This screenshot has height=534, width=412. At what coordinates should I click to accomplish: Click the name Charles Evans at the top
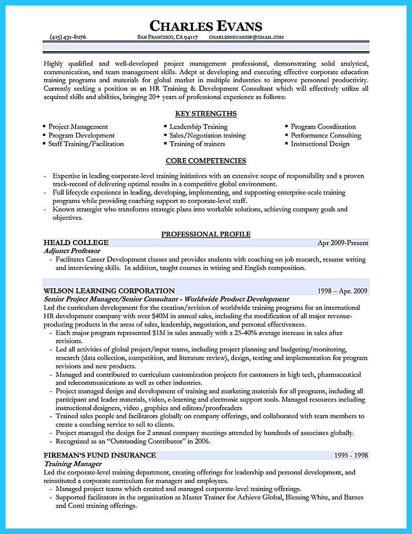click(x=206, y=25)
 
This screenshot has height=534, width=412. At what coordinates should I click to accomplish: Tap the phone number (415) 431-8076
click(x=68, y=37)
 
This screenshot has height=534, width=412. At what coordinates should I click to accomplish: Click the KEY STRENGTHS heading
click(x=206, y=113)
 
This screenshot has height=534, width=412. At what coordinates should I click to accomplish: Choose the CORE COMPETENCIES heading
click(x=206, y=161)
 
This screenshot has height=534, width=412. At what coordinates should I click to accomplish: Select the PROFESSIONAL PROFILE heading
click(x=206, y=234)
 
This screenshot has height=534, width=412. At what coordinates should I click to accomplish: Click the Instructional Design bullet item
click(x=320, y=144)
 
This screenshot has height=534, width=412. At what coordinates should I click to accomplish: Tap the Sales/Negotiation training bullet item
click(x=207, y=135)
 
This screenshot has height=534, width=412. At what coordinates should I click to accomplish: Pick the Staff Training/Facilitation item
click(x=86, y=144)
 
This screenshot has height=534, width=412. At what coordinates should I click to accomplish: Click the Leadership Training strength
click(x=198, y=127)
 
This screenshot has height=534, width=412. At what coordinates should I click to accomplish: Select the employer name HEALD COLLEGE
click(x=76, y=243)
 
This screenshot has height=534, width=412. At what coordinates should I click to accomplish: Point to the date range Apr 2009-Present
click(x=343, y=243)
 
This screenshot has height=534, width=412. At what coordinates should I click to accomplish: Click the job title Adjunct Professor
click(x=72, y=251)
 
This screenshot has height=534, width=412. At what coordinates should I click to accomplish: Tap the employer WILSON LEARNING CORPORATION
click(x=109, y=291)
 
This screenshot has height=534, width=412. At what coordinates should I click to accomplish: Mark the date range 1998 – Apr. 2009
click(x=342, y=291)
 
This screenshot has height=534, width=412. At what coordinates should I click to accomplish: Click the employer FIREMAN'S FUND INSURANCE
click(x=100, y=455)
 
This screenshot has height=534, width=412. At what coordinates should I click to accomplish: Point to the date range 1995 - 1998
click(x=351, y=456)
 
